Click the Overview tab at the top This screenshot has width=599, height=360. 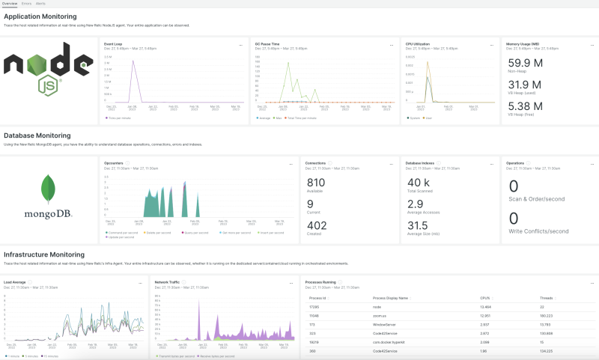(10, 3)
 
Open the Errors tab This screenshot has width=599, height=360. (26, 3)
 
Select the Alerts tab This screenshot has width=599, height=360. (40, 3)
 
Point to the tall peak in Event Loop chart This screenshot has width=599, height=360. (133, 62)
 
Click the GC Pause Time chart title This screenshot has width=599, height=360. (267, 44)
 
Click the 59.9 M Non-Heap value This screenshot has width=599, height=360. (525, 63)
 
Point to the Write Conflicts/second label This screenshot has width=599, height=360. (538, 231)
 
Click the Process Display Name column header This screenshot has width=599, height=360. (390, 297)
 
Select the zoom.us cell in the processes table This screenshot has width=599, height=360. (380, 316)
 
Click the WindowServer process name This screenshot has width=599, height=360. (385, 325)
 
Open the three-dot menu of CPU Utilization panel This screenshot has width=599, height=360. (493, 45)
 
